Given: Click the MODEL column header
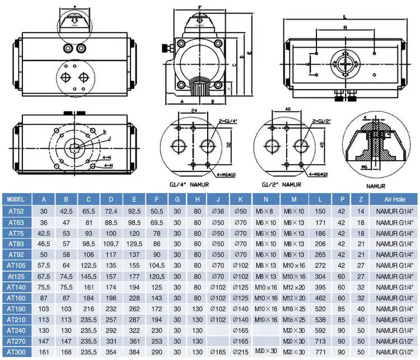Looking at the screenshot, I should point(17,199).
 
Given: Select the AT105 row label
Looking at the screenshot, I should point(17,265).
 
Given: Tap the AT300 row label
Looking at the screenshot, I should point(17,352).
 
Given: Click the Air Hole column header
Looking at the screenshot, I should point(394,199).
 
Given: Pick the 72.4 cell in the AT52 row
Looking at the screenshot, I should point(111,211).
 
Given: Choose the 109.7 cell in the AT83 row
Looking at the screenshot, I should point(111,244).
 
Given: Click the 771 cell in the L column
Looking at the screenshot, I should point(320,352).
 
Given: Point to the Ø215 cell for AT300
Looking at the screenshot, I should point(241,352).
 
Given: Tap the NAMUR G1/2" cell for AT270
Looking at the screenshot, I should point(394,341).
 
